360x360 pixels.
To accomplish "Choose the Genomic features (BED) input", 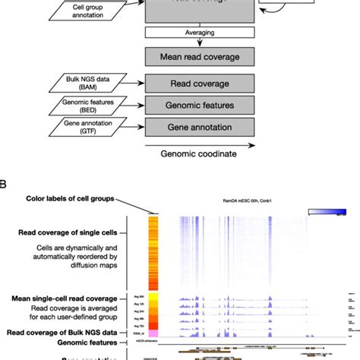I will (x=76, y=104).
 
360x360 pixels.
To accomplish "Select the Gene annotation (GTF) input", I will (x=75, y=126).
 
